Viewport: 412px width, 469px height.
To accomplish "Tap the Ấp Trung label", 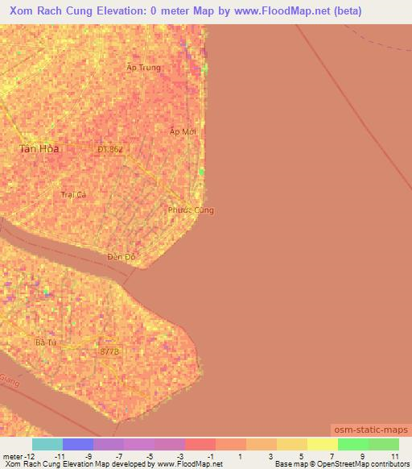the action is [x=143, y=68].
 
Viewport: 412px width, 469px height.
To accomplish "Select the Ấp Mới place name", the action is [x=183, y=131].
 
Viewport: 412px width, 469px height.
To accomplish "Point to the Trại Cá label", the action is [x=73, y=194].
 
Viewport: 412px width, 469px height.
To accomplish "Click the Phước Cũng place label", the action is [x=191, y=210].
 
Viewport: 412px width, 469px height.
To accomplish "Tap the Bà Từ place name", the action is [x=44, y=342].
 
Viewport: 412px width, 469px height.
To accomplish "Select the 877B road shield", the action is [x=109, y=351].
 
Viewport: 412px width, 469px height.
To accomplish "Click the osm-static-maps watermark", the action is [x=371, y=430].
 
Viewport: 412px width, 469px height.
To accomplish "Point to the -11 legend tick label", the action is [x=59, y=457].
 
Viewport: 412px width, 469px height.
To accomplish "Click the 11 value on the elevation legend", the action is [x=394, y=457].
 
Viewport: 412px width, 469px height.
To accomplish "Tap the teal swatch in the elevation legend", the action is [x=47, y=444].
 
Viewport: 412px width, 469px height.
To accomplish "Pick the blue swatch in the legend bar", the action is [x=78, y=444].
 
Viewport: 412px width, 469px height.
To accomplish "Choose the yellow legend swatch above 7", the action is [x=322, y=444].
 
